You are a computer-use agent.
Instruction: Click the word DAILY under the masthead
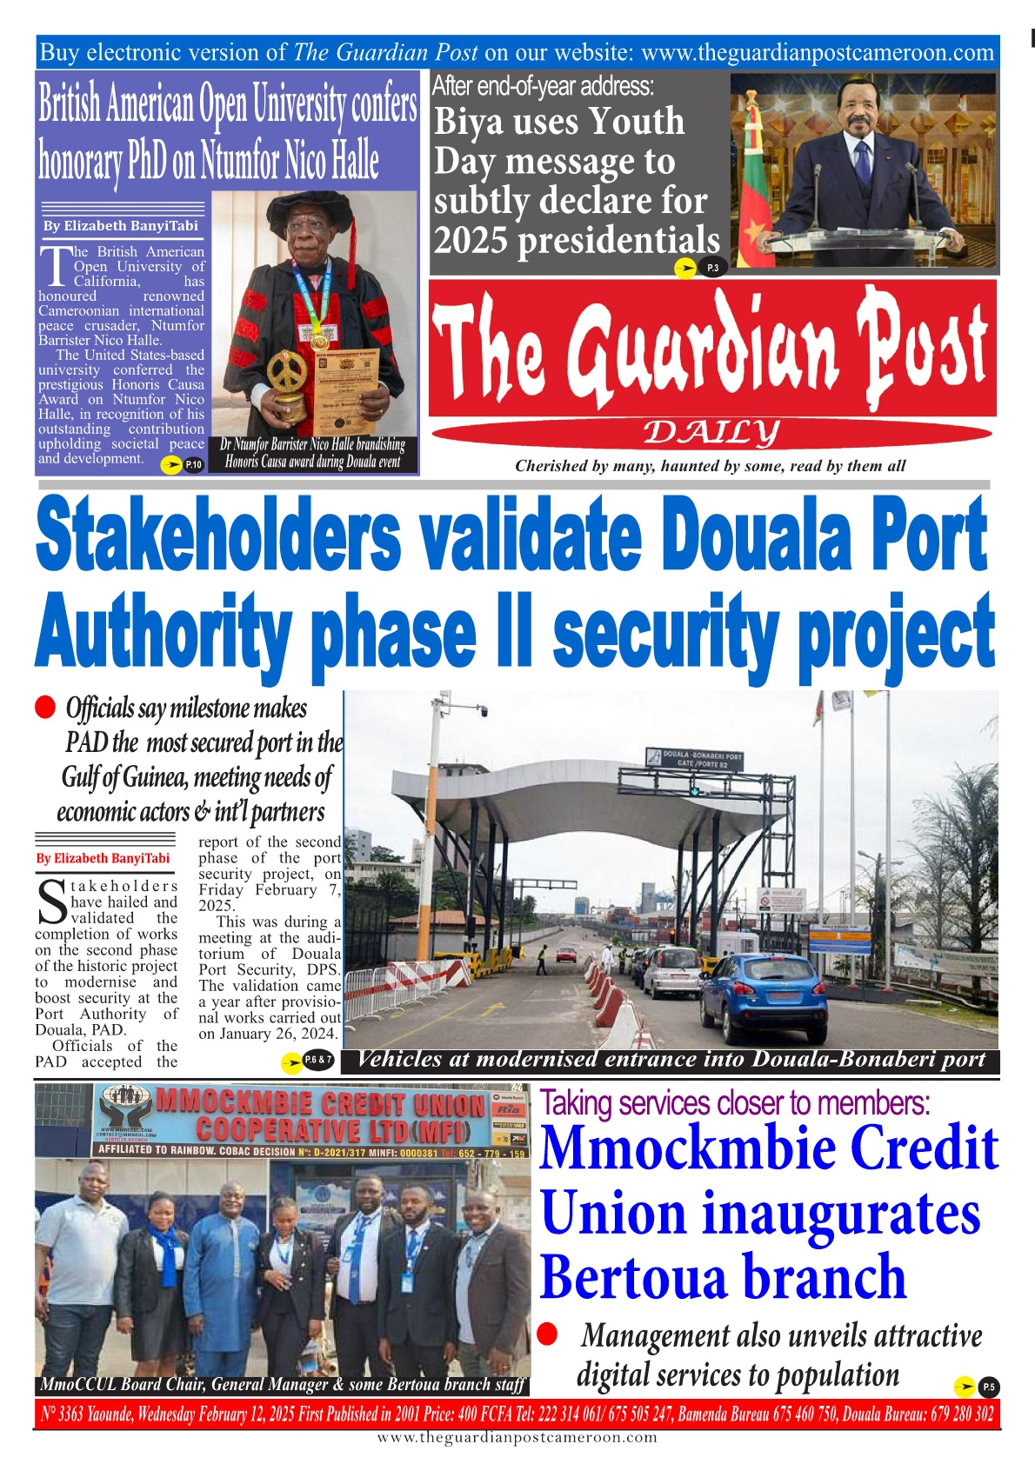pyautogui.click(x=712, y=431)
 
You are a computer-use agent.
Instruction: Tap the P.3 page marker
pyautogui.click(x=712, y=268)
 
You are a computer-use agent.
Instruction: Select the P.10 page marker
pyautogui.click(x=193, y=465)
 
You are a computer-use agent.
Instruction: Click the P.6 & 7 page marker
pyautogui.click(x=318, y=1060)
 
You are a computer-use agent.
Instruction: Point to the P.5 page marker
pyautogui.click(x=988, y=1387)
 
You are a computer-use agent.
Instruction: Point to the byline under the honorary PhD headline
pyautogui.click(x=121, y=226)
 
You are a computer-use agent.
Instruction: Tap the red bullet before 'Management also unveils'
pyautogui.click(x=547, y=1334)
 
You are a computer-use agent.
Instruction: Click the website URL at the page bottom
pyautogui.click(x=517, y=1438)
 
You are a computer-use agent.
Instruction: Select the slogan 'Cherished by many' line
pyautogui.click(x=710, y=466)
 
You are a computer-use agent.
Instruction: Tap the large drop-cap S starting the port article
pyautogui.click(x=51, y=902)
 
